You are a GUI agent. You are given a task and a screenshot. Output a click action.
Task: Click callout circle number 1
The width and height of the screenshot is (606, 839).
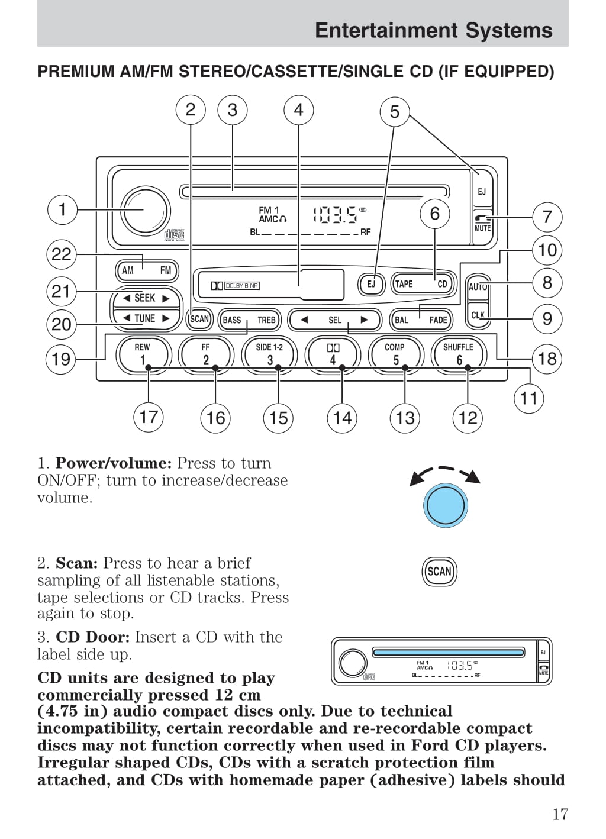(62, 209)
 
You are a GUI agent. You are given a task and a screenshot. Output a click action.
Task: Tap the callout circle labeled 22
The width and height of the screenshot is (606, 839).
(62, 254)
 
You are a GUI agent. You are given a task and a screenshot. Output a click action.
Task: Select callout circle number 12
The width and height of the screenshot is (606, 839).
(468, 418)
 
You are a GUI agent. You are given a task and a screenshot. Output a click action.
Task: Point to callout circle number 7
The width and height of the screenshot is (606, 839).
(547, 217)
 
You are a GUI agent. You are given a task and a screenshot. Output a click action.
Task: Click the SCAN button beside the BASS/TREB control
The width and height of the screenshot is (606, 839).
(199, 319)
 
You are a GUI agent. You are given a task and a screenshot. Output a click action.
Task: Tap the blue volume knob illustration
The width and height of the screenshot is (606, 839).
(445, 505)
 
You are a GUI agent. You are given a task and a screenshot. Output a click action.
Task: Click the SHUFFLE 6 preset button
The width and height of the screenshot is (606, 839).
(458, 353)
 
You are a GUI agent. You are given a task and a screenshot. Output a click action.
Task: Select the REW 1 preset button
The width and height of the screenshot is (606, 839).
(142, 353)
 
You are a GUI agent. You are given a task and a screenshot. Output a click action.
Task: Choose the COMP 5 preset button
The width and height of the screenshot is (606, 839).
(395, 353)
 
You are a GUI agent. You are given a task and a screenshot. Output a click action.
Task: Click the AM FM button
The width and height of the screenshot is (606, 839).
(146, 270)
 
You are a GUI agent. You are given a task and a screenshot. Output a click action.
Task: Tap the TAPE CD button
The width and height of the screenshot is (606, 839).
(421, 284)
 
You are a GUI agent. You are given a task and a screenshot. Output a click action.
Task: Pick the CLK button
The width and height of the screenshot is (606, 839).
(478, 315)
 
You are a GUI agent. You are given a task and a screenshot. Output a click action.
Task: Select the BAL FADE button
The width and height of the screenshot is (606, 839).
(420, 320)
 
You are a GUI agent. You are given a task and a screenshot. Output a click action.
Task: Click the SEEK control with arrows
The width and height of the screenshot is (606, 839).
(146, 298)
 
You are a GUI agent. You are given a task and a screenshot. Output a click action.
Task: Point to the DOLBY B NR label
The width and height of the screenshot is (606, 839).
(241, 286)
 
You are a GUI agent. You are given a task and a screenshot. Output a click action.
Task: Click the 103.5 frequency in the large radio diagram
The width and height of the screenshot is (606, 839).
(335, 214)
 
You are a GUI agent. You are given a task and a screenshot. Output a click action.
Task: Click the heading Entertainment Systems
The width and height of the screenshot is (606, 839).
(433, 30)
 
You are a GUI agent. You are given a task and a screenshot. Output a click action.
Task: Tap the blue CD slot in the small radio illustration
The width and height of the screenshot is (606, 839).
(448, 652)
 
